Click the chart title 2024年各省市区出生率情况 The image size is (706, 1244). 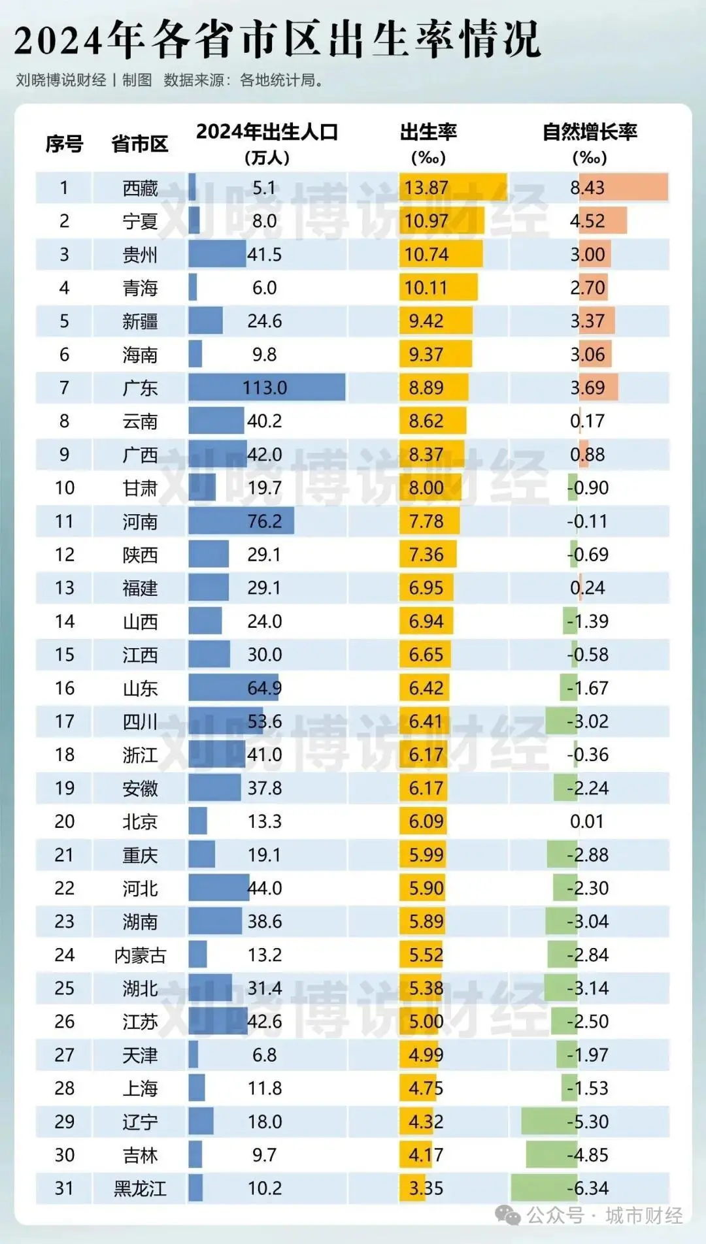coord(278,39)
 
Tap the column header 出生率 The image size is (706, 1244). coord(428,133)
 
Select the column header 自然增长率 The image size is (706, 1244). coord(590,133)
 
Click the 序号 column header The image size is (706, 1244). coord(64,144)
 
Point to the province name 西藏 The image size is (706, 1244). coord(140,188)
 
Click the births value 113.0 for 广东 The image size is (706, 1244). coord(265,388)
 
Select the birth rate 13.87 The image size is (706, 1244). coord(426,188)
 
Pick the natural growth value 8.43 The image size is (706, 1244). coord(587,188)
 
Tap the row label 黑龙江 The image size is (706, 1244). coord(140,1188)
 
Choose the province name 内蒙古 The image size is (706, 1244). coord(140,955)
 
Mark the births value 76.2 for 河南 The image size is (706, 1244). coord(265,521)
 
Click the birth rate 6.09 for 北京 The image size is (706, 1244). coord(426,821)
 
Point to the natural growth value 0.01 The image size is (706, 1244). coord(587,821)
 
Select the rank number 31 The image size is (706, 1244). coord(64,1188)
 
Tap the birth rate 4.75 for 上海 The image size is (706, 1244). coord(426,1088)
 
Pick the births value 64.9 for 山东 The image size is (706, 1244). coord(265,688)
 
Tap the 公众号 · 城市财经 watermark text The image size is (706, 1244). coord(604,1216)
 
